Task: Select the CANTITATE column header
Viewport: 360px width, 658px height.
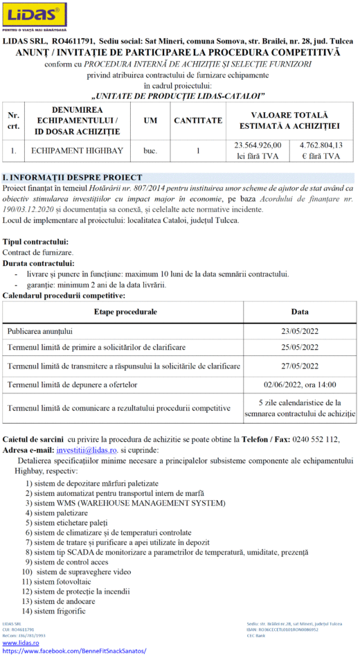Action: tap(198, 121)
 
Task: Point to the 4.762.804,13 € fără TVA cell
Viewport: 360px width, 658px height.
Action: tap(321, 150)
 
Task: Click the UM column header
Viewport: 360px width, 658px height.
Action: tap(150, 121)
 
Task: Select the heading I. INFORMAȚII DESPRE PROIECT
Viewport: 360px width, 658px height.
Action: tap(73, 177)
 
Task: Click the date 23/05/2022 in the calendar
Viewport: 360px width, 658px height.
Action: tap(300, 331)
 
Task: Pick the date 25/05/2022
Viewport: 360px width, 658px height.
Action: tap(300, 347)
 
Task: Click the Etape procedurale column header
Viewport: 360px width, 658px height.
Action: tap(125, 312)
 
